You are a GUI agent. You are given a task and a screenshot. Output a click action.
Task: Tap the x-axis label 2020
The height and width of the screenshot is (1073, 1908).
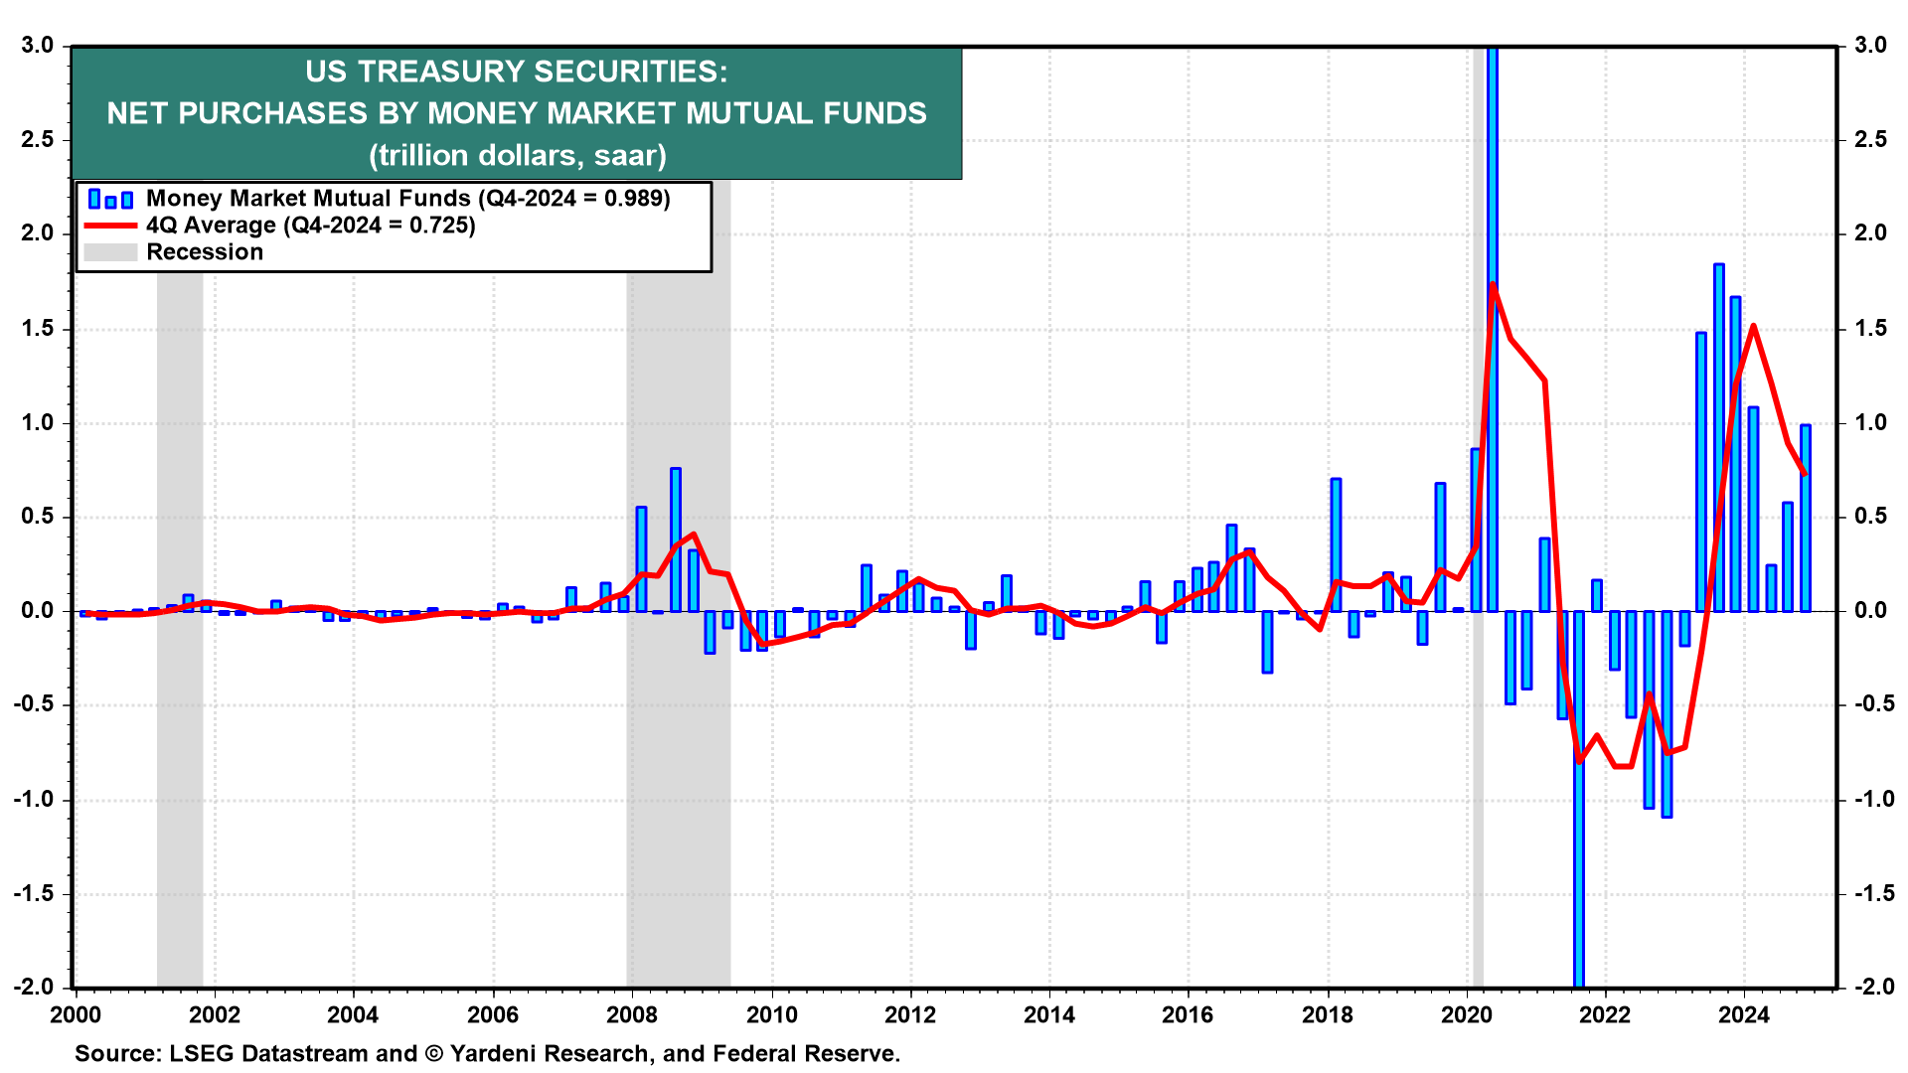1467,1014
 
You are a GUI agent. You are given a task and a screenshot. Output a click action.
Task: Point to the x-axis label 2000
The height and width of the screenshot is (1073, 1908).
76,1014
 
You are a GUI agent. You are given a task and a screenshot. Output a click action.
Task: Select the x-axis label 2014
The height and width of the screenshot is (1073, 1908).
1049,1014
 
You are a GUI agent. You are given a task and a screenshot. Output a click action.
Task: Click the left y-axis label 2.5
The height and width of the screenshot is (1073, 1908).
37,140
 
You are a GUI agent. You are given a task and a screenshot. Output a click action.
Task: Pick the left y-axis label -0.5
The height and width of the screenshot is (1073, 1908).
34,705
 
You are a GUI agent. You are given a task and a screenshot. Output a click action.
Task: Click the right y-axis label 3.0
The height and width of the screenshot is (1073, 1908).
1870,46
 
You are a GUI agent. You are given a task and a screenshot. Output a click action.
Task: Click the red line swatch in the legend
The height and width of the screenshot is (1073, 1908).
109,227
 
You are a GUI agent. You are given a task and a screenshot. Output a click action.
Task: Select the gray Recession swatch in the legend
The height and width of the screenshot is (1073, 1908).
109,252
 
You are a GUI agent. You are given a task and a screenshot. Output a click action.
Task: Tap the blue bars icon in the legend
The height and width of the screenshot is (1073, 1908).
109,199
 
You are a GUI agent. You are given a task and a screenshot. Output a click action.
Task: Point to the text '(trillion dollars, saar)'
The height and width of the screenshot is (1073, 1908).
517,156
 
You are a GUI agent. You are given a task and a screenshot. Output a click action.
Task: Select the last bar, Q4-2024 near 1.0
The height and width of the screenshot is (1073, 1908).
1805,518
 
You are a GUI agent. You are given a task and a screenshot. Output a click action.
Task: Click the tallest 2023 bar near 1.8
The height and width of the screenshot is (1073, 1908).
1718,437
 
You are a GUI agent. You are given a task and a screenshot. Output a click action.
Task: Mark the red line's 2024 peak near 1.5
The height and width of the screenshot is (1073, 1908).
1752,326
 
